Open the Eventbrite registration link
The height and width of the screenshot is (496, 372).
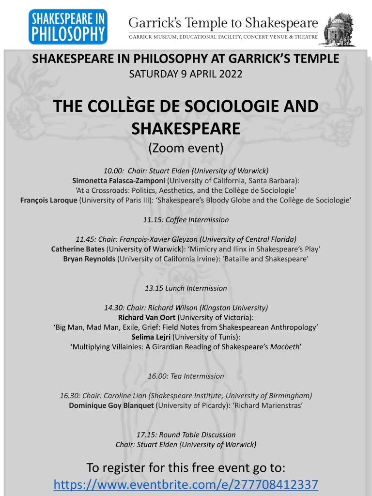[186, 484]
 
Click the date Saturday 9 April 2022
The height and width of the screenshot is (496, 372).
[186, 75]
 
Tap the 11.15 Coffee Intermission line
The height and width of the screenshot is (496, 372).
[186, 219]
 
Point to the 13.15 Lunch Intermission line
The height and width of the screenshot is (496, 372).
[186, 288]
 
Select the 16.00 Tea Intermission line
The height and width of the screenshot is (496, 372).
[186, 376]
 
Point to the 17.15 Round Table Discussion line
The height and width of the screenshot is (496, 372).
[186, 434]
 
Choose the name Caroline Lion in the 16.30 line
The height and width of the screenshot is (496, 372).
[134, 395]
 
